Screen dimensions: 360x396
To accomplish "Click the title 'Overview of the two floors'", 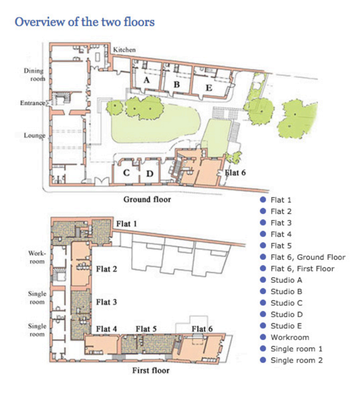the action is pos(85,22).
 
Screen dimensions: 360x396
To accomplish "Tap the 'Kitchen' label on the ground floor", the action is pos(124,50).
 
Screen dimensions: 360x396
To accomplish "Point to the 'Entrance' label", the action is pos(32,103).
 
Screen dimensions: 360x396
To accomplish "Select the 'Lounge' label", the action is pos(34,136).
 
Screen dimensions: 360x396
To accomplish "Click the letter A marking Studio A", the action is pos(147,80).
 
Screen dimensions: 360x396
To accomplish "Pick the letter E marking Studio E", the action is pos(209,88).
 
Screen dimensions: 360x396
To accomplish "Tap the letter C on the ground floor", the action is pos(127,173).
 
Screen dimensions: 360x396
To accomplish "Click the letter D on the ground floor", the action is pos(150,174).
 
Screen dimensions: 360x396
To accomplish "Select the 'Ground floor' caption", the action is pos(147,199).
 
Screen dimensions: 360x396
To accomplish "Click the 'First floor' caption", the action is pos(151,371).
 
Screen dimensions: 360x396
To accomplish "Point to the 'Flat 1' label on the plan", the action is pos(127,224).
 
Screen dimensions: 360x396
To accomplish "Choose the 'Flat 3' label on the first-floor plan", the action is pos(107,302).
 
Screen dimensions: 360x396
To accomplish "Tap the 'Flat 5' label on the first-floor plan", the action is pos(146,329).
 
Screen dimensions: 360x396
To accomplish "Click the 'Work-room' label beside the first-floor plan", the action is pos(37,257).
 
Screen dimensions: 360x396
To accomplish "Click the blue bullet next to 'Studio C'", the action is pos(263,303).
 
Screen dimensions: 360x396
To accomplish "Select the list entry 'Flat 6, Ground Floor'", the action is pos(308,257).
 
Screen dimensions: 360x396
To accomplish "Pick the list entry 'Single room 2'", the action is pos(297,361).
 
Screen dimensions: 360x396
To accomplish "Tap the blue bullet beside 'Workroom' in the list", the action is pos(263,337).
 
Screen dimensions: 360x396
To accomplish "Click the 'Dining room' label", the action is pos(34,74).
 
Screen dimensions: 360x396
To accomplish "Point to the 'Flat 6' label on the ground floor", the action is pos(235,173).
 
